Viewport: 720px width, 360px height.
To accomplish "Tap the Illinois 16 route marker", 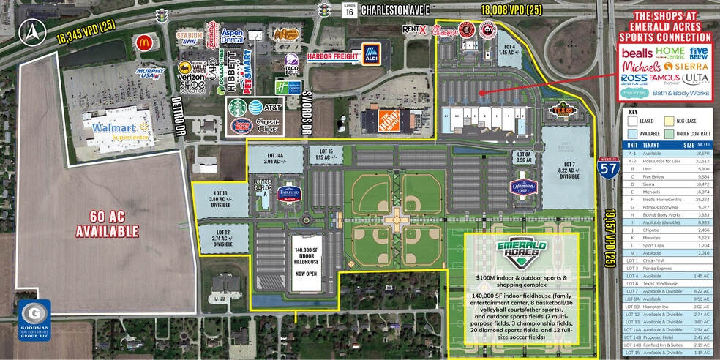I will click(x=349, y=10).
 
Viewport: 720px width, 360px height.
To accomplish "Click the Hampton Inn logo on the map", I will click(x=522, y=186).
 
